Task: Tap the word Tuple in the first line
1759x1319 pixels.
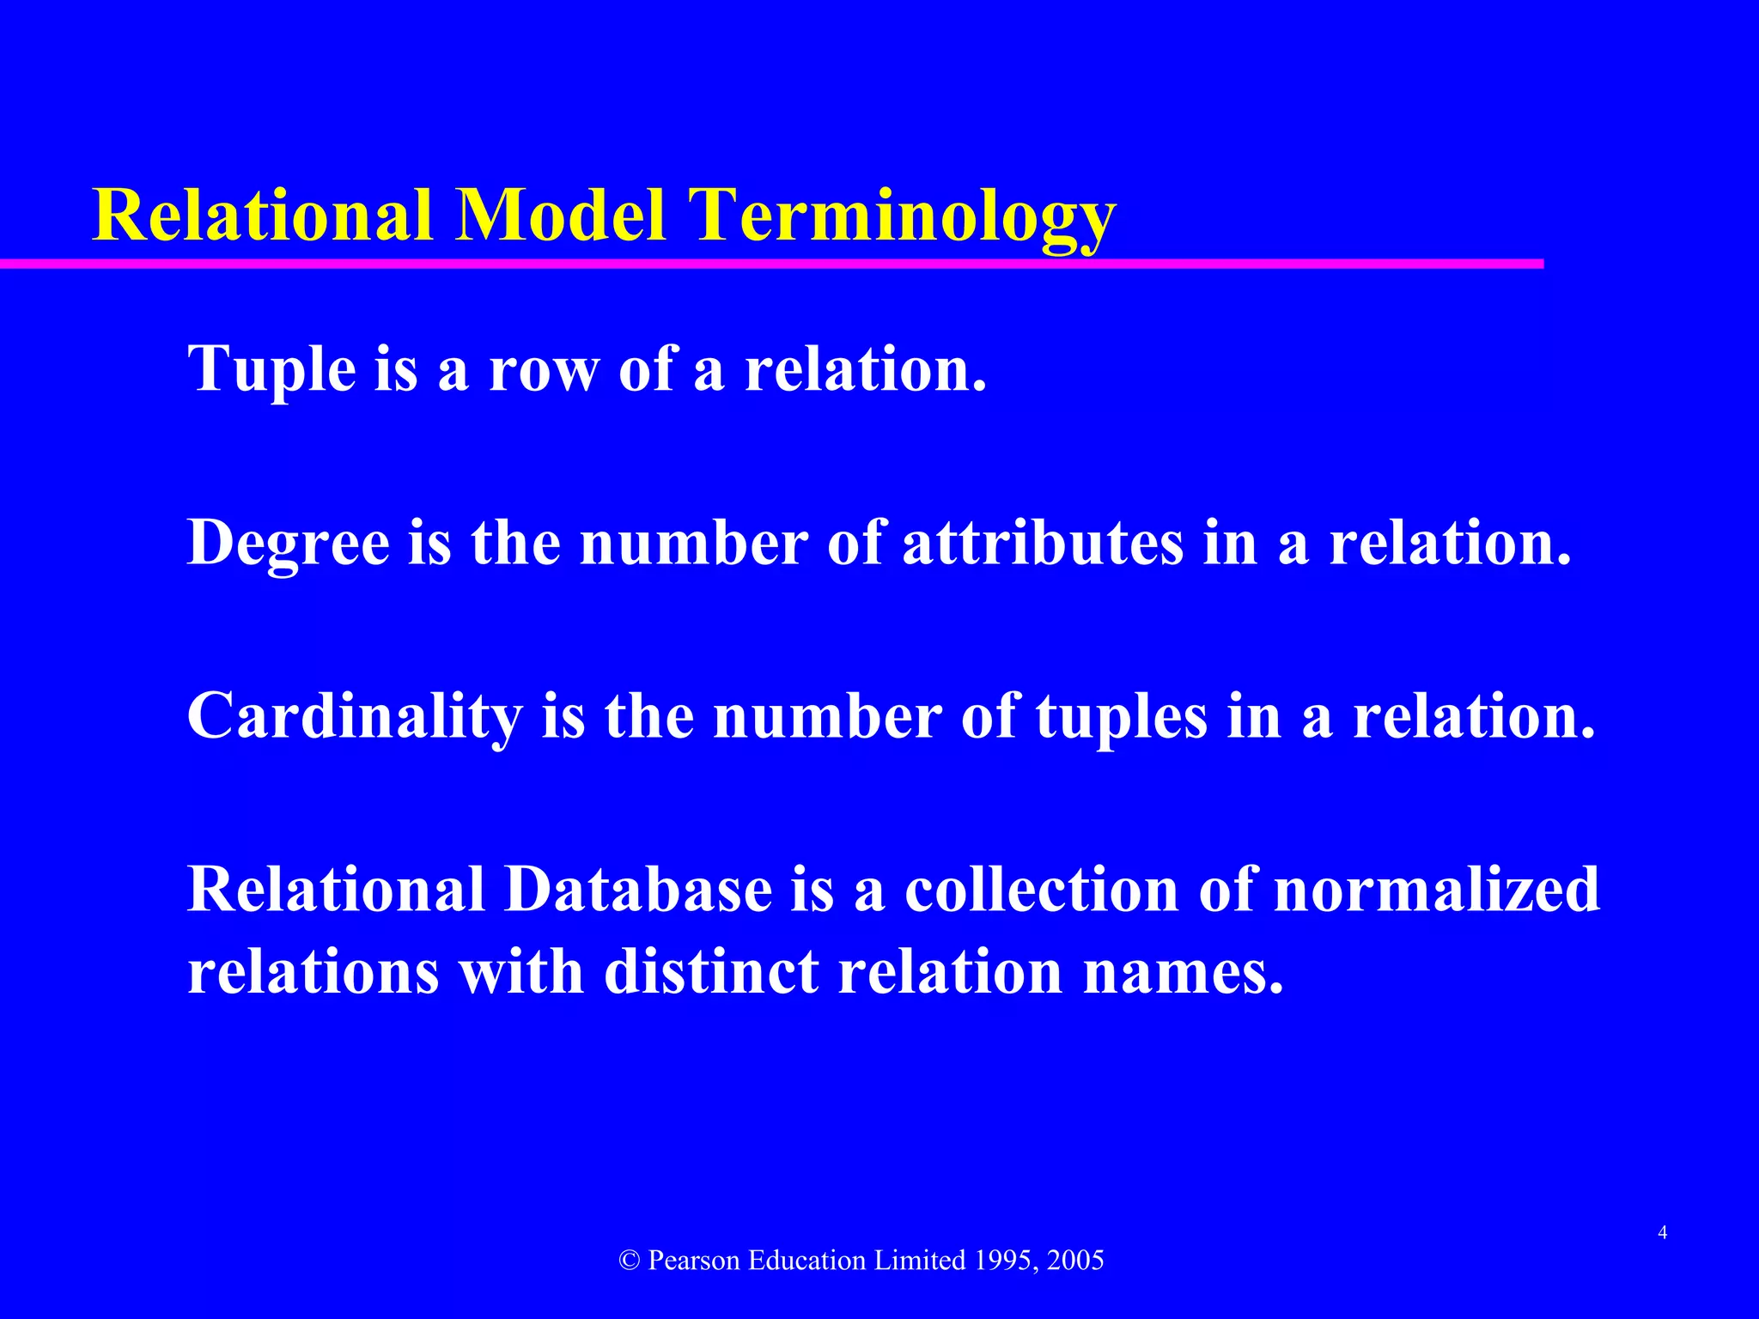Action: [x=271, y=369]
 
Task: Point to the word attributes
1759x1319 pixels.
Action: [x=1043, y=543]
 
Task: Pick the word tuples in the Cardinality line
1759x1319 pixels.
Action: [x=1122, y=716]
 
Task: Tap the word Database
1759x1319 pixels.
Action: [x=637, y=890]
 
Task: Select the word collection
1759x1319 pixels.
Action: [x=1042, y=890]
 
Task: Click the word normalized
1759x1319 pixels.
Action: [x=1437, y=890]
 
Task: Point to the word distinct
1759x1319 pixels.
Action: [x=711, y=972]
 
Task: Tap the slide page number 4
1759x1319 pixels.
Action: [x=1663, y=1233]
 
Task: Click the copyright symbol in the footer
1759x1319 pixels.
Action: [x=630, y=1261]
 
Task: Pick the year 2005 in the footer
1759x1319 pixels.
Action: [x=1076, y=1261]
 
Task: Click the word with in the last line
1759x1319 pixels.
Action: [x=520, y=972]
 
